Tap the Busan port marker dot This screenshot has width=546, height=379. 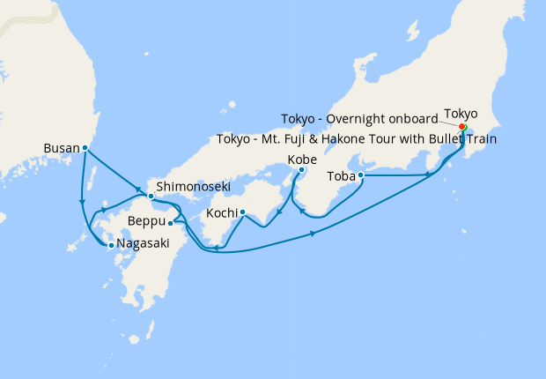85,148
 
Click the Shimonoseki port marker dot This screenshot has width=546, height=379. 151,196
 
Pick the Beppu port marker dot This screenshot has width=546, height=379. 170,223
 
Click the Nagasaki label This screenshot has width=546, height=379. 140,246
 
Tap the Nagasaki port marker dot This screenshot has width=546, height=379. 110,246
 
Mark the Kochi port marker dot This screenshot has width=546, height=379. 242,212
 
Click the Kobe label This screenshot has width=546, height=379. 301,160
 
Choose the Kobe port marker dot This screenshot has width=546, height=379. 301,169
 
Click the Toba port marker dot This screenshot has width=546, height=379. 361,175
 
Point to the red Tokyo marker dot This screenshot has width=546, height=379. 462,127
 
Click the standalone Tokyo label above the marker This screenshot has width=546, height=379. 461,114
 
